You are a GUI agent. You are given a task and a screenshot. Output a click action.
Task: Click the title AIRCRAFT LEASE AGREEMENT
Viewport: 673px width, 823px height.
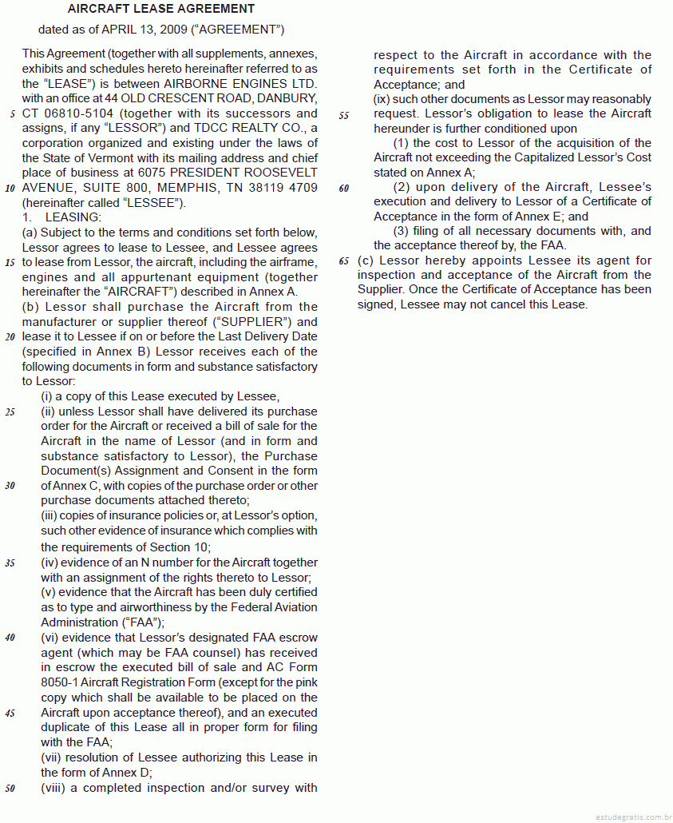click(161, 9)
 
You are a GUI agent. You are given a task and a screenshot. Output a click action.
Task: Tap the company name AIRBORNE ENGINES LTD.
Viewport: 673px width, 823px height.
click(240, 84)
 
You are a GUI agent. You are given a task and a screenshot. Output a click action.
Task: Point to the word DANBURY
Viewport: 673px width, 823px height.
click(289, 99)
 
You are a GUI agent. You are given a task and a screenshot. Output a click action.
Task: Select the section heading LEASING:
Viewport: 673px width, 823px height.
click(73, 217)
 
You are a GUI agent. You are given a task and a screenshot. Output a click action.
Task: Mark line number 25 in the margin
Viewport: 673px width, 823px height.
click(10, 412)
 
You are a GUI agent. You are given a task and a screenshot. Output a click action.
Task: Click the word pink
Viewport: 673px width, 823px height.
click(303, 682)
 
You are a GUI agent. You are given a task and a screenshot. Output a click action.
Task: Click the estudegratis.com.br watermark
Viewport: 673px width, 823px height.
click(632, 817)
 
